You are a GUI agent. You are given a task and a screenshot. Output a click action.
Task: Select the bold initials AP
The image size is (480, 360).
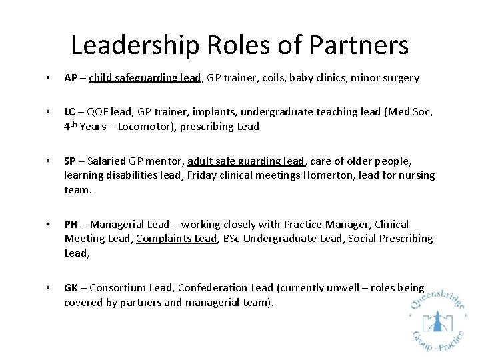pyautogui.click(x=71, y=78)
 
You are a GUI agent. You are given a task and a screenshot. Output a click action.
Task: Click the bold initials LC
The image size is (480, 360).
pyautogui.click(x=70, y=113)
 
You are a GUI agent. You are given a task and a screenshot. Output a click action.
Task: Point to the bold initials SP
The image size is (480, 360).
pyautogui.click(x=70, y=161)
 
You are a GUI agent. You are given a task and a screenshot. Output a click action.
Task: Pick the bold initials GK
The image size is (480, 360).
pyautogui.click(x=71, y=288)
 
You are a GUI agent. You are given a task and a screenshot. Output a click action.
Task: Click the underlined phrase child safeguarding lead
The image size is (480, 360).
pyautogui.click(x=145, y=78)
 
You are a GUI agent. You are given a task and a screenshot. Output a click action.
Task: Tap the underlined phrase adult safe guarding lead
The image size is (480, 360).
pyautogui.click(x=246, y=161)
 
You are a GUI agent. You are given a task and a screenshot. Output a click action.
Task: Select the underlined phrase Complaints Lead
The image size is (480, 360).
pyautogui.click(x=177, y=239)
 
